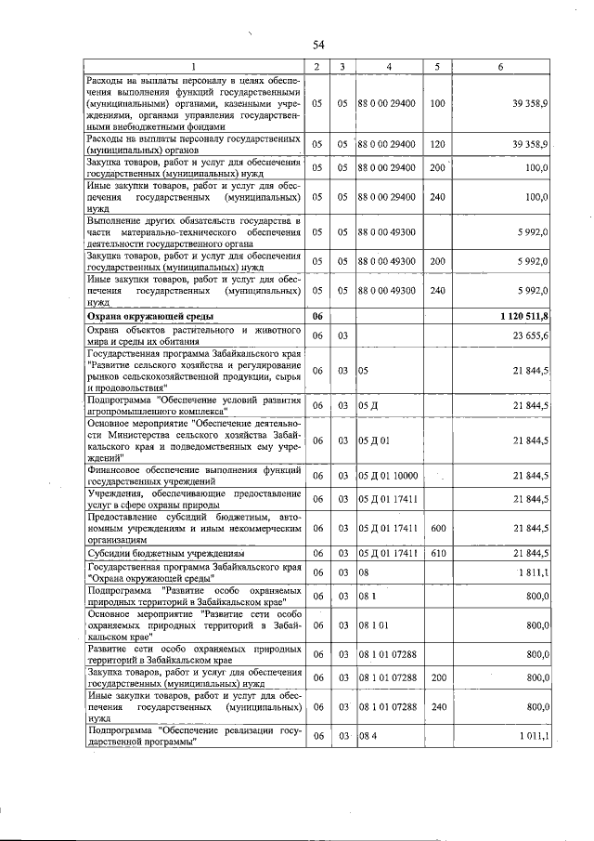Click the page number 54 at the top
[x=317, y=45]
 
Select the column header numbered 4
[x=388, y=67]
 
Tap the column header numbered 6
[x=500, y=67]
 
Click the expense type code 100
[x=438, y=103]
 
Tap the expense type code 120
[x=438, y=144]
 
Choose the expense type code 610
[x=438, y=552]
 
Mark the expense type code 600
[x=438, y=528]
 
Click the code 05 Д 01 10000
[x=389, y=476]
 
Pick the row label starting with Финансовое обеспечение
[x=193, y=476]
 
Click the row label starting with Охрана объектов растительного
[x=193, y=336]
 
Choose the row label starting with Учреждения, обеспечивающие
[x=193, y=499]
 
